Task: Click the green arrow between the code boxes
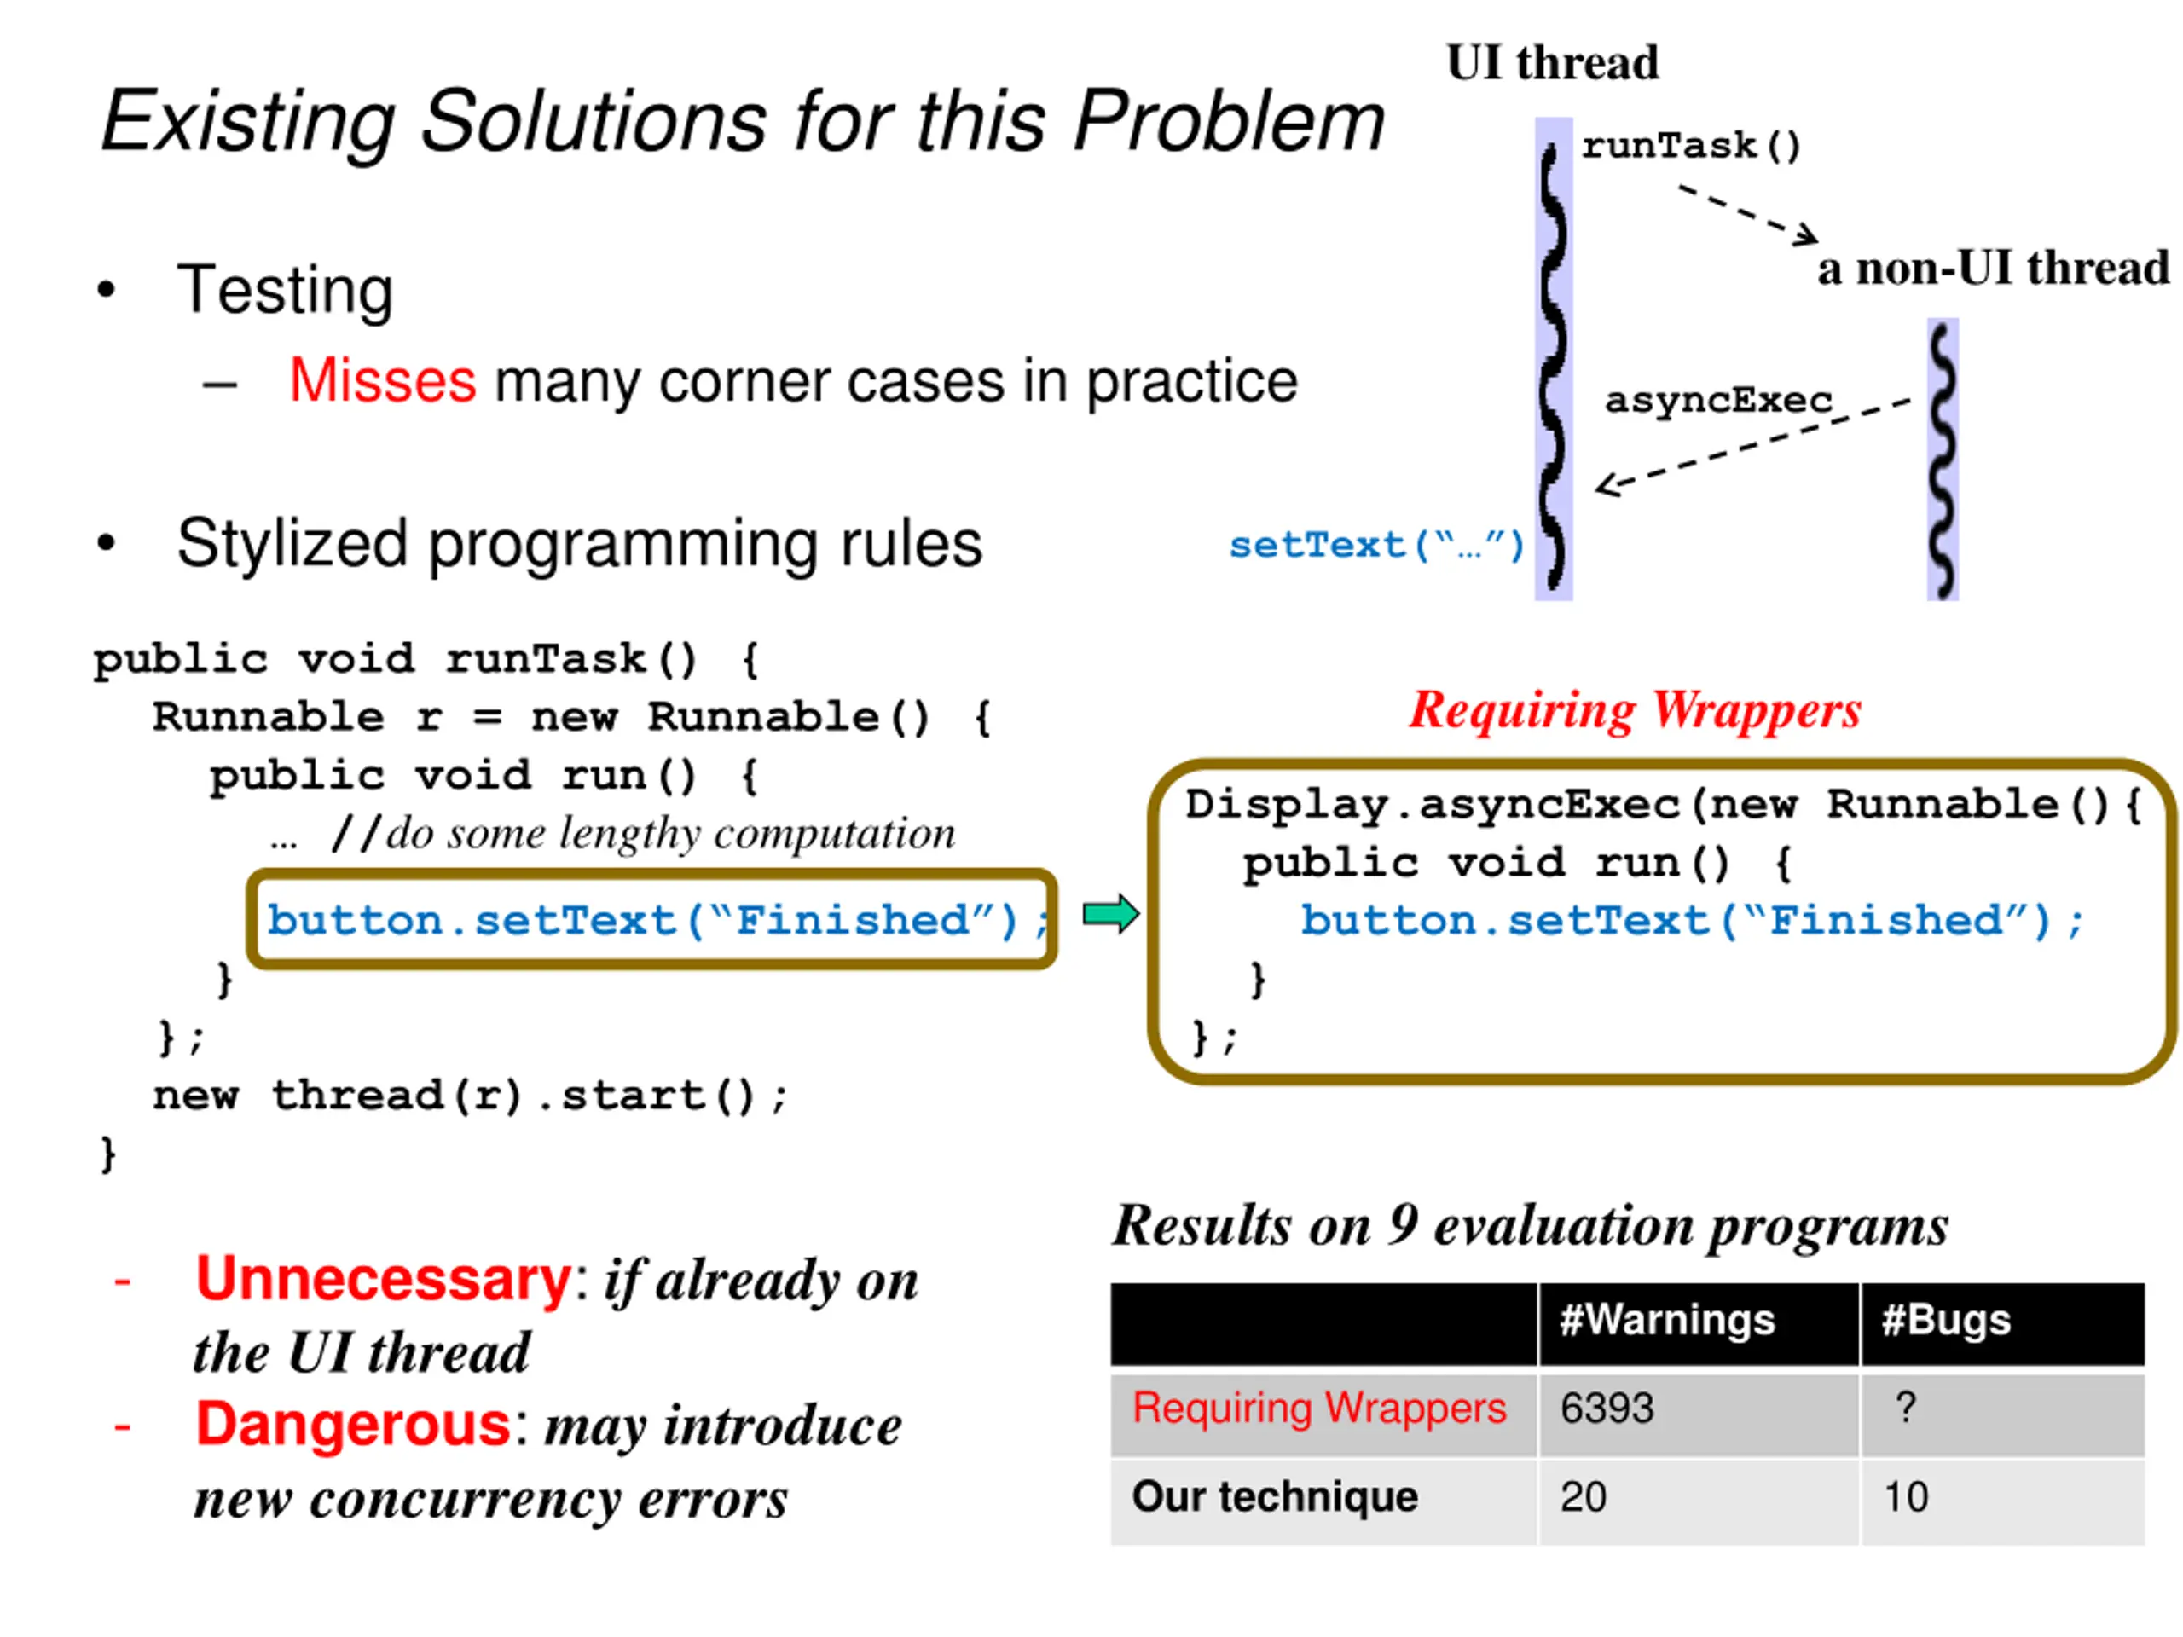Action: tap(1110, 914)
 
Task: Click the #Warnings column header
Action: tap(1667, 1319)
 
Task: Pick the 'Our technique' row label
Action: tap(1274, 1496)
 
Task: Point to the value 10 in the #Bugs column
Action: tap(1906, 1497)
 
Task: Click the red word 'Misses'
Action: tap(382, 381)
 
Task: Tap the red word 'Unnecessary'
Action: tap(383, 1279)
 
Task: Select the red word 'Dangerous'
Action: tap(352, 1424)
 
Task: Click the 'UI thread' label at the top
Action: tap(1551, 63)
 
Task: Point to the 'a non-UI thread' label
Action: tap(1993, 269)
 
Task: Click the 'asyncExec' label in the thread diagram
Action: tap(1717, 400)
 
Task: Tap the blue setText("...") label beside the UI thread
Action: tap(1375, 545)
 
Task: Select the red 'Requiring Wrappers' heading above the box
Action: tap(1635, 709)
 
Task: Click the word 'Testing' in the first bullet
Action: tap(284, 290)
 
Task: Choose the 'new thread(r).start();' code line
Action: tap(470, 1096)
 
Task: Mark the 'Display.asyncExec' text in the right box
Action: tap(1432, 804)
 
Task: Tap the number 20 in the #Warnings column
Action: tap(1583, 1497)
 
